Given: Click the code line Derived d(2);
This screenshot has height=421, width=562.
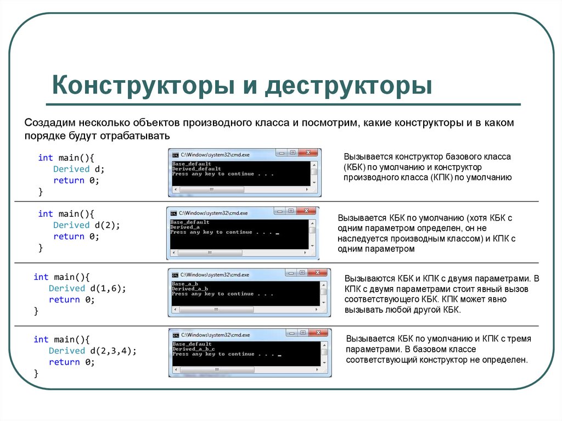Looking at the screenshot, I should (x=86, y=225).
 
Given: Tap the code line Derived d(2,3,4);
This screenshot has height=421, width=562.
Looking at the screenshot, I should (x=93, y=351).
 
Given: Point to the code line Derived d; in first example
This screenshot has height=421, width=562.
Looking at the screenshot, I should (x=78, y=169).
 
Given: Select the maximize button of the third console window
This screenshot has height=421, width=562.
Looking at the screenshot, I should (x=302, y=272).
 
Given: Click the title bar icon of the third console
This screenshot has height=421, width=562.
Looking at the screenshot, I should (x=175, y=274).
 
